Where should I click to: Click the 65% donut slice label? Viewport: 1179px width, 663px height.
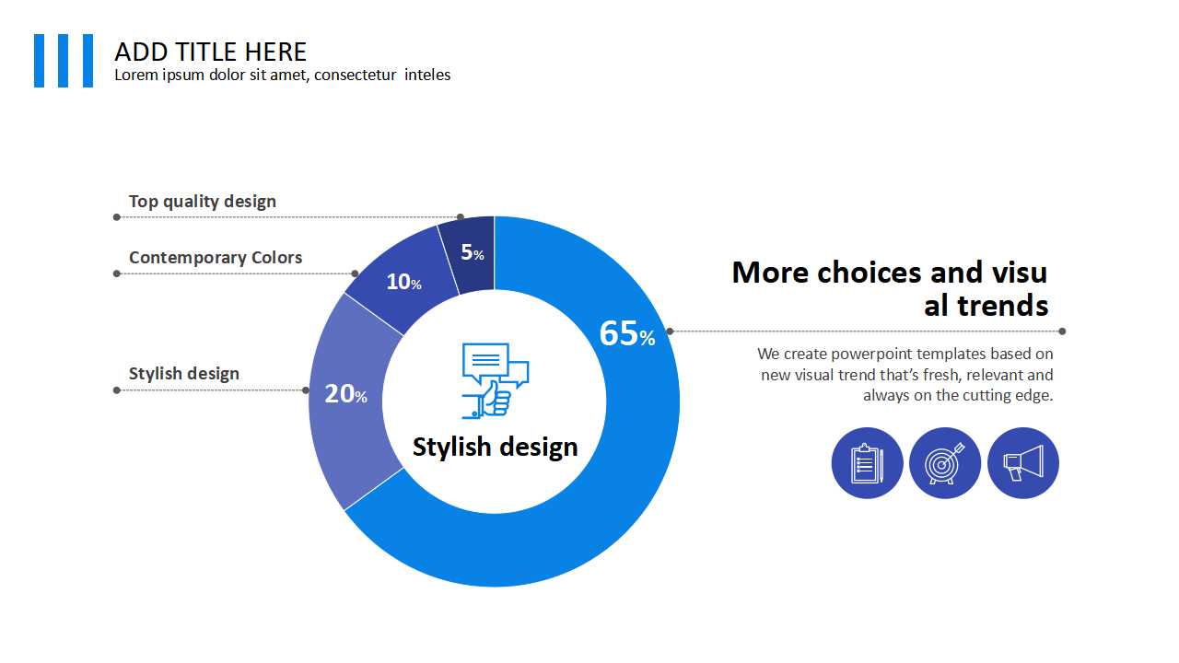click(x=627, y=333)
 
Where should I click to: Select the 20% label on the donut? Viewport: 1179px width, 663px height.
click(x=345, y=393)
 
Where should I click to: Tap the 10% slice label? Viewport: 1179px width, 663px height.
click(x=403, y=282)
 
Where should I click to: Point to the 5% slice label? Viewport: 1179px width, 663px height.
click(x=473, y=252)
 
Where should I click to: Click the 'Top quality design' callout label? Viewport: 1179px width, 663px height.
click(x=203, y=202)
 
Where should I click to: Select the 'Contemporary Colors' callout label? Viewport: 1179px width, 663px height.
click(x=216, y=257)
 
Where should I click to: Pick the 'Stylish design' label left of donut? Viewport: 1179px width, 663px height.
click(x=184, y=374)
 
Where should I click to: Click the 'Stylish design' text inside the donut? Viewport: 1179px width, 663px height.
click(x=496, y=447)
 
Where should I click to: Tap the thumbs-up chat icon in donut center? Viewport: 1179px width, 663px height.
click(x=496, y=381)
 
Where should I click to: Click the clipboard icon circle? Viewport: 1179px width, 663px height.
click(x=868, y=463)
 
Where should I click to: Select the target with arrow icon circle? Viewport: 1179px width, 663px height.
click(x=945, y=463)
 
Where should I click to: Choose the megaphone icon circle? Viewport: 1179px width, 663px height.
click(x=1023, y=463)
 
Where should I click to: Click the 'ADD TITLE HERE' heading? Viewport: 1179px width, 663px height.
click(x=211, y=52)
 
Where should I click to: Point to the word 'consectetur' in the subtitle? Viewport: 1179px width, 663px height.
click(x=355, y=76)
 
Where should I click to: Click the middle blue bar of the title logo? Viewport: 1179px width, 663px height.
click(x=64, y=61)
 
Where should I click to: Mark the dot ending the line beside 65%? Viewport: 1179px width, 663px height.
click(x=1062, y=331)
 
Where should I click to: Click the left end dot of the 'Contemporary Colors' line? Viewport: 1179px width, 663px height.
click(x=117, y=273)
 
